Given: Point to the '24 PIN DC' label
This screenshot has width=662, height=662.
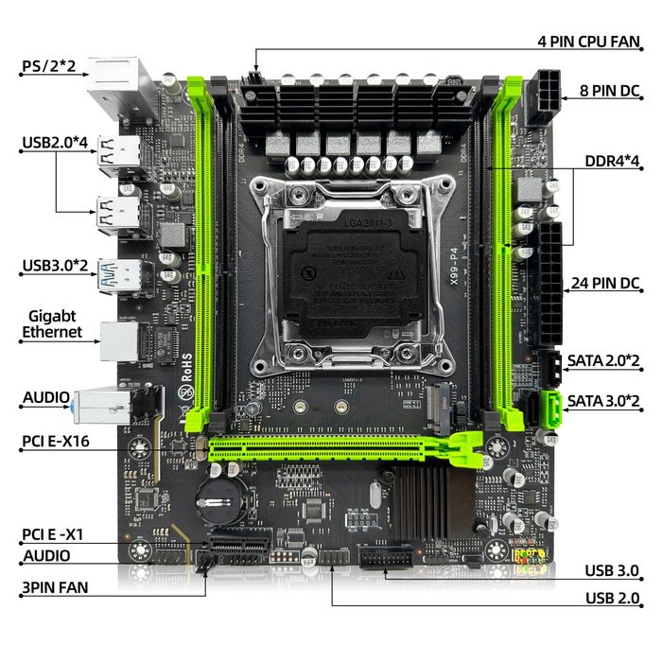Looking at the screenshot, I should click(606, 282).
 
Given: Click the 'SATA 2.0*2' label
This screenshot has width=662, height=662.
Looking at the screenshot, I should click(604, 360).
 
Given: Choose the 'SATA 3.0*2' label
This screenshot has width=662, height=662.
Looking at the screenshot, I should click(604, 400).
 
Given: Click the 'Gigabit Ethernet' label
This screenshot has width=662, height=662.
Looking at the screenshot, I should click(52, 323).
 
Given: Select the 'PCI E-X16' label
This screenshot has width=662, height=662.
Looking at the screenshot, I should click(56, 441).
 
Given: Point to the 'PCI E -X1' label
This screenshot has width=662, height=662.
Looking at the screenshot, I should click(53, 534).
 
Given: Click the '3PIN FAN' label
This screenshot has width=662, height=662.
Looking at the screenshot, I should click(55, 586).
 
